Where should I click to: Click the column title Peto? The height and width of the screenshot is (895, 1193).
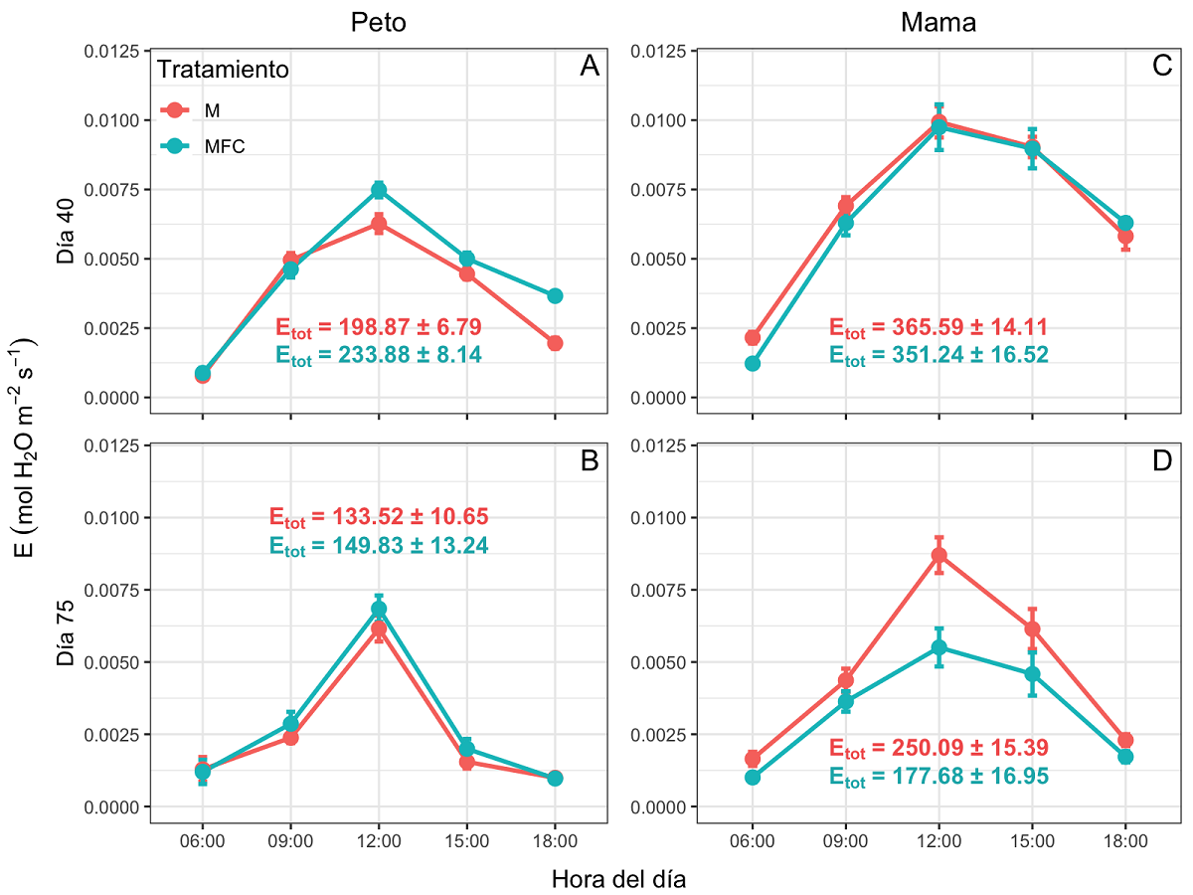[379, 22]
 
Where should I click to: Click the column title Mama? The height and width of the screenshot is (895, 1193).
[937, 22]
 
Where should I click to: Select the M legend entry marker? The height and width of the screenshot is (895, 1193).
[174, 110]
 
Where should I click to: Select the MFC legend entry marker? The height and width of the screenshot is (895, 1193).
[174, 145]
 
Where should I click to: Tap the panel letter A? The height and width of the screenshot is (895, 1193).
[589, 67]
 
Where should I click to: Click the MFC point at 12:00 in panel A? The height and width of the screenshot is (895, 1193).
[379, 190]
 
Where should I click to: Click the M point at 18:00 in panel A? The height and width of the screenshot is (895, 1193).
[555, 343]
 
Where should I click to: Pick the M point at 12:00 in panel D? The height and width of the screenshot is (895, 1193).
[938, 555]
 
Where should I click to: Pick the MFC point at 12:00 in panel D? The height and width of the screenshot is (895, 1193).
[938, 647]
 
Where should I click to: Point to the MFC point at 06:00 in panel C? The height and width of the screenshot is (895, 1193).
[753, 364]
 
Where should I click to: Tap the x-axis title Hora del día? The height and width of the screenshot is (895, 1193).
[618, 879]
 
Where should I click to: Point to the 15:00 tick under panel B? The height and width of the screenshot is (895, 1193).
[467, 841]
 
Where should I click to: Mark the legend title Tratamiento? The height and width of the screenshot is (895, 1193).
[225, 71]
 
